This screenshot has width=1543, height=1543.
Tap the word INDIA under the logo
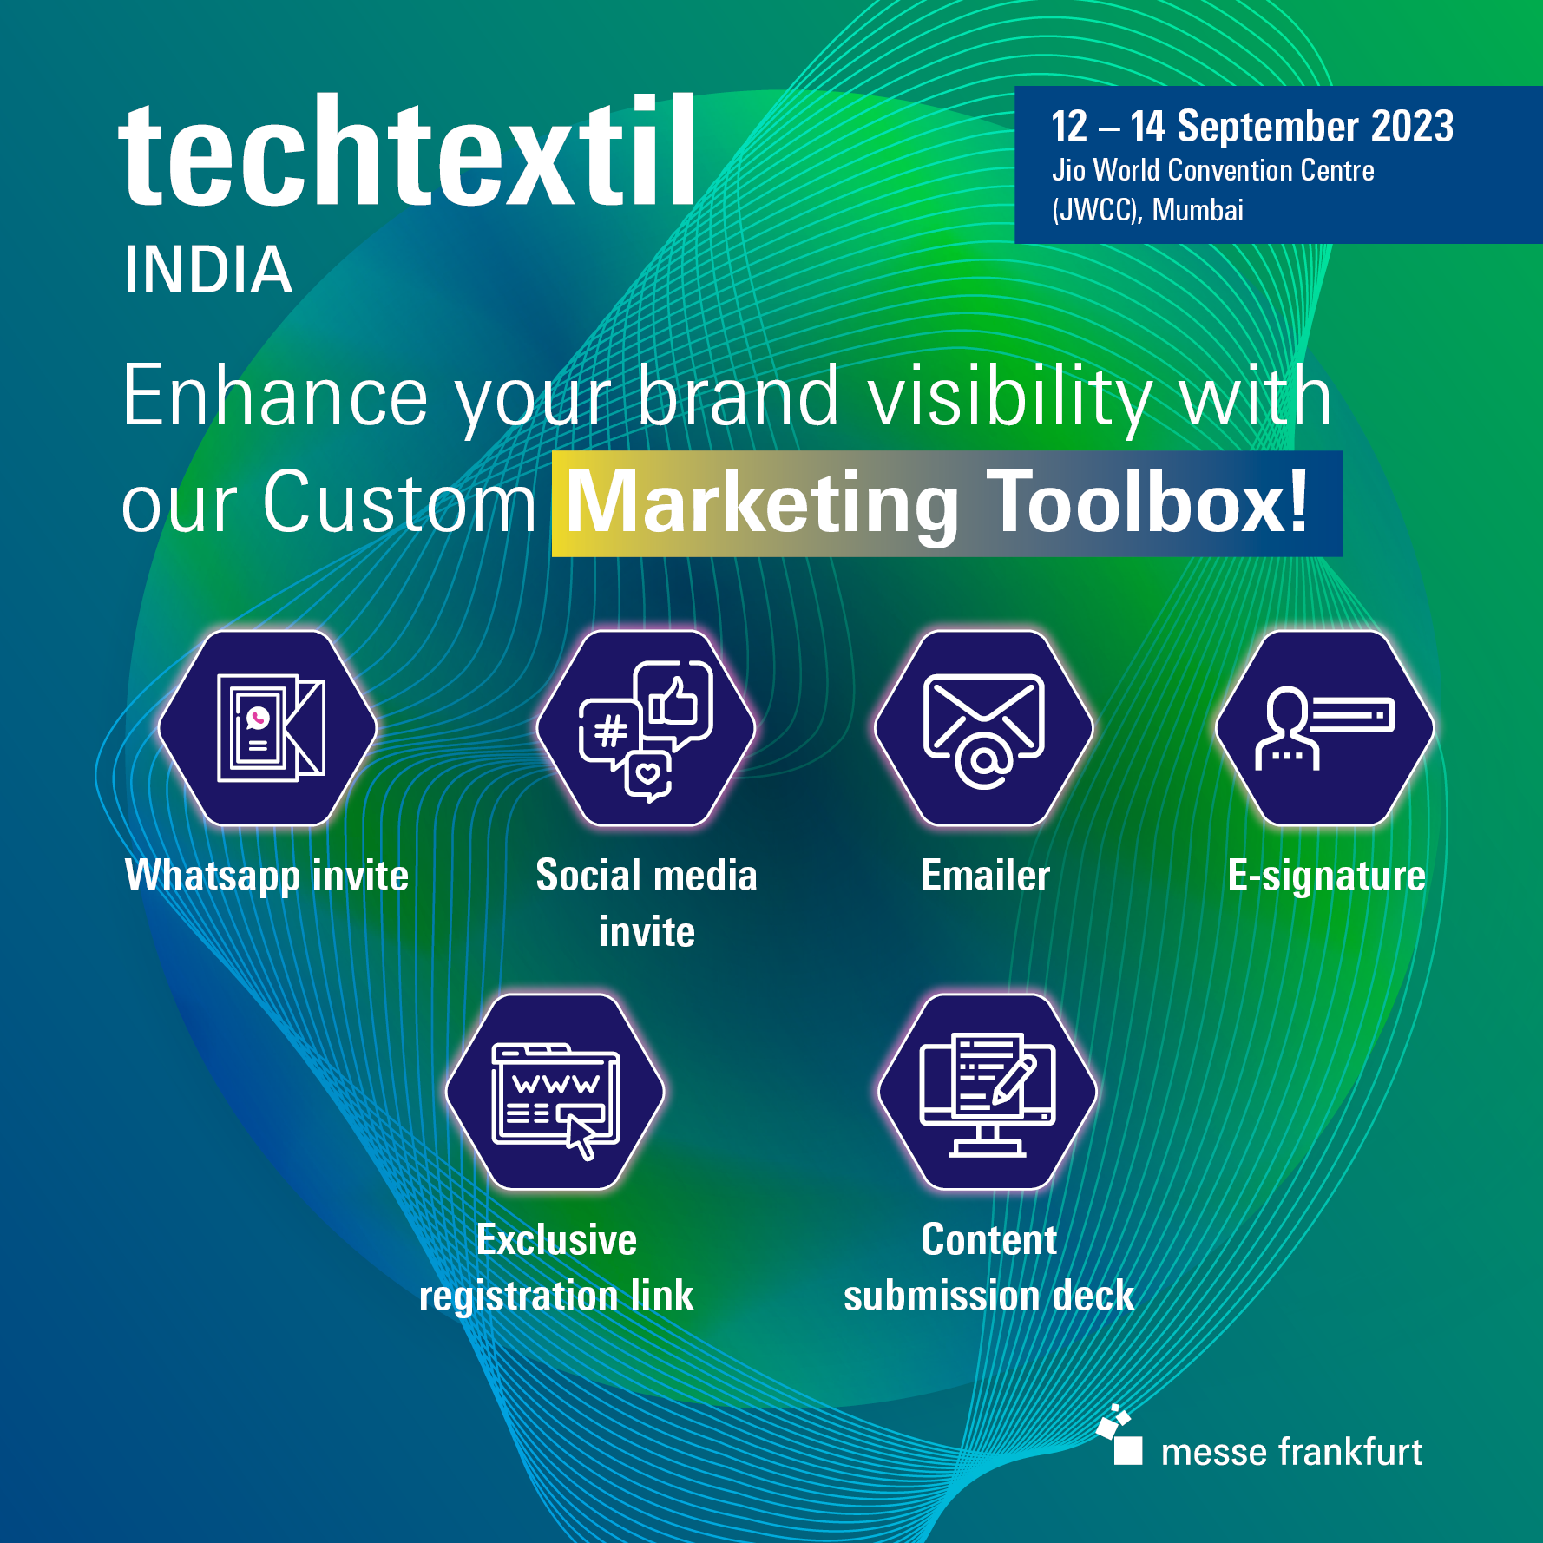(207, 270)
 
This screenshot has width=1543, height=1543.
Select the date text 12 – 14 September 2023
(1252, 127)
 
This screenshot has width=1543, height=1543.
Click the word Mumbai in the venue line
(1198, 210)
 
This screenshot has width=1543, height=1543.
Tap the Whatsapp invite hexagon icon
(267, 728)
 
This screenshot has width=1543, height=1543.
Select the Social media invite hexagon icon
(647, 728)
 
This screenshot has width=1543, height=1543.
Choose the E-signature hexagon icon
(1324, 728)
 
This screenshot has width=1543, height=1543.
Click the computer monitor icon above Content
(988, 1093)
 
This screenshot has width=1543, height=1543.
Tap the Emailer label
(986, 875)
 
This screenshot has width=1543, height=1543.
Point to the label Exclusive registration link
(556, 1267)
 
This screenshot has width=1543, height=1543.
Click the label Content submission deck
(988, 1267)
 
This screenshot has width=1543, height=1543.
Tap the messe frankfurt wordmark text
(1291, 1452)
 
